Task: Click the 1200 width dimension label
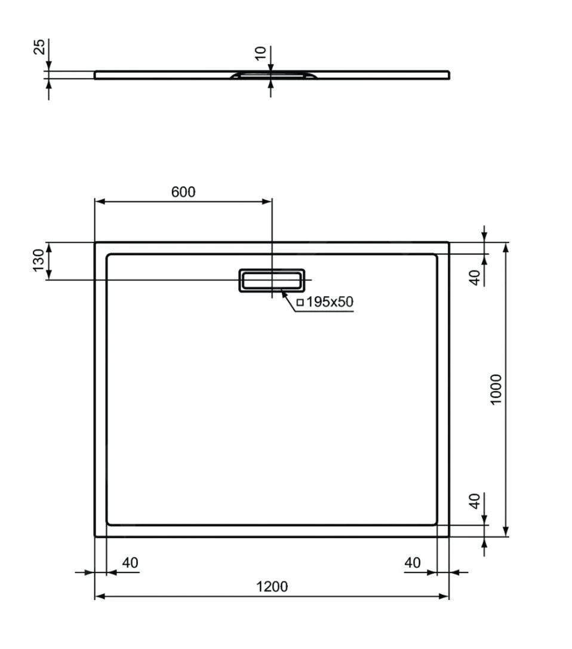272,586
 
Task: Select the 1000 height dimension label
496,389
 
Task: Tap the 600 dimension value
183,192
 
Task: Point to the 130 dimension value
38,260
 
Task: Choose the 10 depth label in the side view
260,53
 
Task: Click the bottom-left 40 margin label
130,562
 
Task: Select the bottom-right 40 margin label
412,562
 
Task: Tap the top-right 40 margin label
475,277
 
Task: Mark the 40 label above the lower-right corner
475,500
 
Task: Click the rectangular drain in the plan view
272,279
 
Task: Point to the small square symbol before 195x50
300,302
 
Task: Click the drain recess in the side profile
272,75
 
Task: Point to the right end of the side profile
448,75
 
